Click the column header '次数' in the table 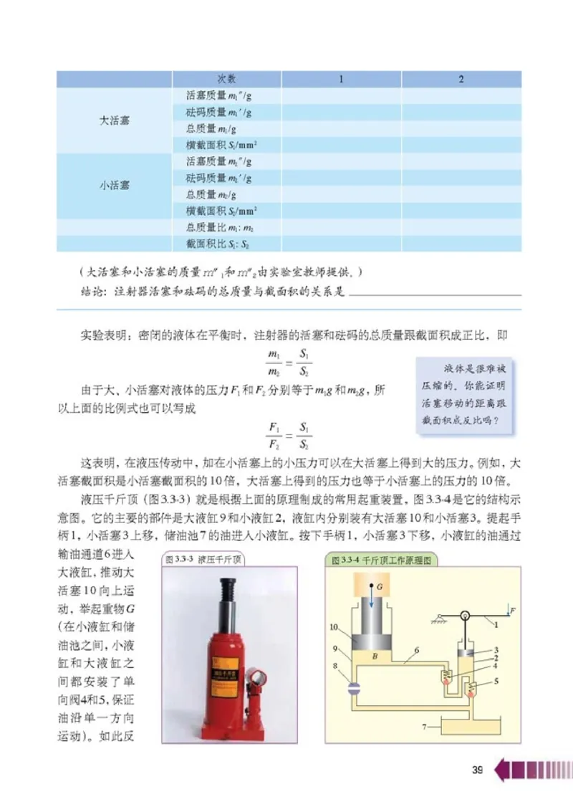tap(226, 79)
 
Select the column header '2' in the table tap(461, 79)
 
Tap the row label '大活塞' tap(114, 120)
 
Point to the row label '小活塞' tap(114, 185)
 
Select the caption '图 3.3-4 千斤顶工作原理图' tap(380, 559)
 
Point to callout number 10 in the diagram tap(334, 626)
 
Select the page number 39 tap(478, 770)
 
